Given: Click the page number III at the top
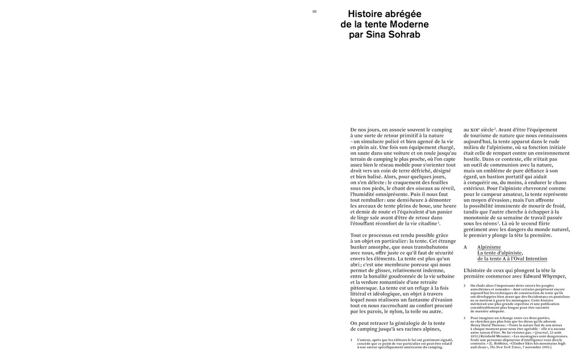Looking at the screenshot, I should (x=314, y=11).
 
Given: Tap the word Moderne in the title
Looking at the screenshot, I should (x=409, y=25).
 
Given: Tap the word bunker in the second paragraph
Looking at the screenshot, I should (x=360, y=247).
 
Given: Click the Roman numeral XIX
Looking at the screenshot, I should (x=476, y=130).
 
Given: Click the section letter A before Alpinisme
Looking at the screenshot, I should (x=465, y=247).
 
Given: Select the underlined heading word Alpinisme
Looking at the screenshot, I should (x=489, y=247).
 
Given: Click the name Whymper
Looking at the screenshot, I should (x=551, y=277).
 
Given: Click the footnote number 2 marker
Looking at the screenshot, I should (x=465, y=286).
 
